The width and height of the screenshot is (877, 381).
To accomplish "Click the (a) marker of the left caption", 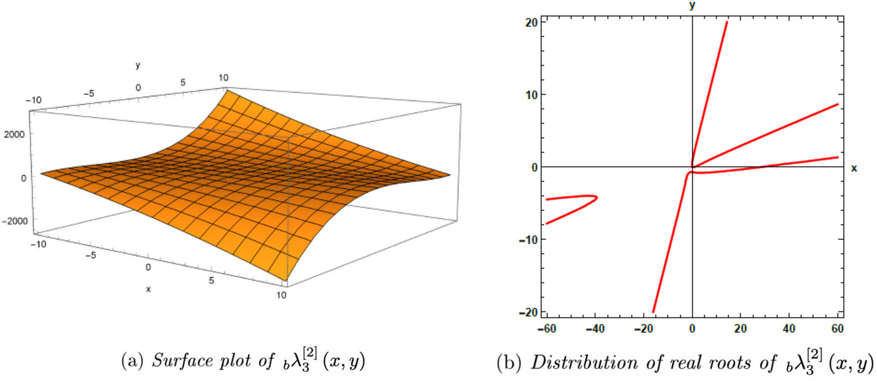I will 132,361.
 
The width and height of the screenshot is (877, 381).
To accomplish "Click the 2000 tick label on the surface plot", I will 14,134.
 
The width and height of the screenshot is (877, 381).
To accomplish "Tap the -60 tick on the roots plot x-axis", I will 546,328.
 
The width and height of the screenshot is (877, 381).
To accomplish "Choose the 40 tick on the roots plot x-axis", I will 789,328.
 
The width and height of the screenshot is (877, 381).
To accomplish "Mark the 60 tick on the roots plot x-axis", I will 837,328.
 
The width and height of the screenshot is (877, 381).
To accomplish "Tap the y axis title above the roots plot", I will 692,5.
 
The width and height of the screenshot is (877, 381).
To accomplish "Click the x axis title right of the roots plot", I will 854,168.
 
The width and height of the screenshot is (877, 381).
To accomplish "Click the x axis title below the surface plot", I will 148,289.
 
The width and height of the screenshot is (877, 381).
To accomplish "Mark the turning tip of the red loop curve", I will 597,197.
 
